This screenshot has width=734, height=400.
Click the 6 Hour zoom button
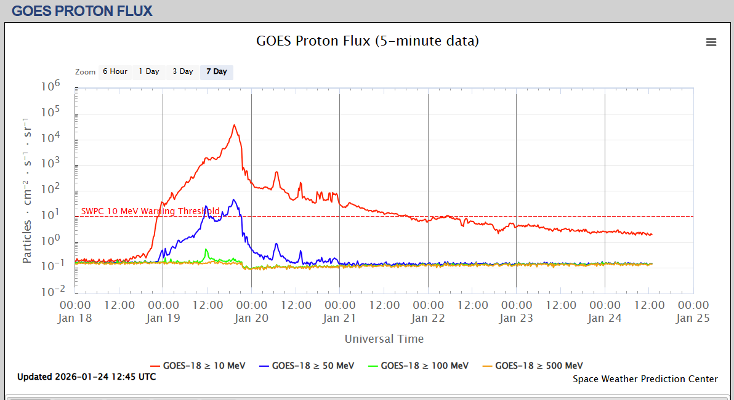[x=115, y=71]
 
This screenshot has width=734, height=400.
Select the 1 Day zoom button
[x=148, y=71]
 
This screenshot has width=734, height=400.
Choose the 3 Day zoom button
[x=182, y=71]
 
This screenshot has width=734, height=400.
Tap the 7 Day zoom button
[x=216, y=71]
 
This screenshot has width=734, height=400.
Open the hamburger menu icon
[x=711, y=42]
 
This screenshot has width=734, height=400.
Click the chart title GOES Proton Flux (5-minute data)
[x=367, y=41]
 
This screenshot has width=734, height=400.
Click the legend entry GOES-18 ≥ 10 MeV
[x=198, y=366]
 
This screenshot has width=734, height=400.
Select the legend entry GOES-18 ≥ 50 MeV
[x=307, y=366]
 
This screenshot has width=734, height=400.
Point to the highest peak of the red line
[x=234, y=125]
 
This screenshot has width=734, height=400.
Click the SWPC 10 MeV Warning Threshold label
[x=150, y=211]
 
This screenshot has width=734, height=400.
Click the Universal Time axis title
[x=384, y=338]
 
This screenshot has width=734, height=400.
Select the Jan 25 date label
[x=693, y=318]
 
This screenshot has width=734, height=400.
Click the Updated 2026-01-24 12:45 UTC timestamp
[x=86, y=377]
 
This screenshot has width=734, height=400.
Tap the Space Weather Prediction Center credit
[x=645, y=379]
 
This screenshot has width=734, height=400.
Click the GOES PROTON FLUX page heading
[x=82, y=11]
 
